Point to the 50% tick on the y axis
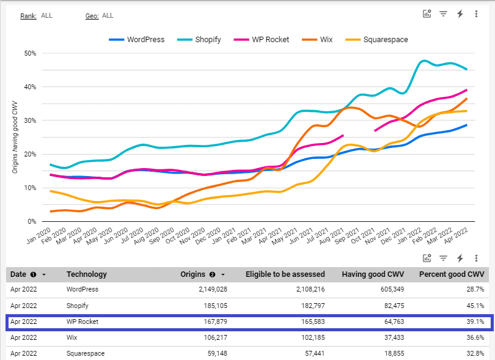pos(29,53)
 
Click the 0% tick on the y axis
pos(32,221)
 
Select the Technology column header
pos(86,274)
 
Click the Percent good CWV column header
pos(452,274)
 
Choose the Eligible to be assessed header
pos(285,274)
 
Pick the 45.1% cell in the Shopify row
pos(475,306)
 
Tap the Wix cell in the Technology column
pos(73,337)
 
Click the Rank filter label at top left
pos(28,16)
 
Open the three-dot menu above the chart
pos(476,14)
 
